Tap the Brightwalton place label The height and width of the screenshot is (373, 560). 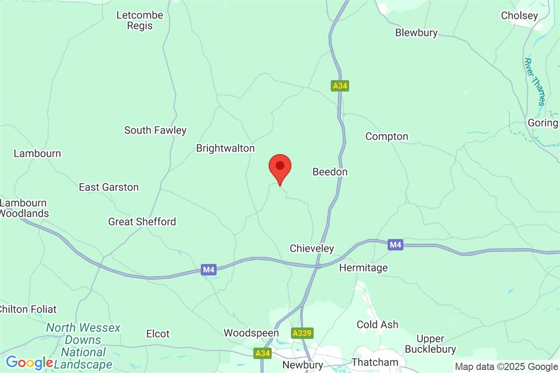[225, 149]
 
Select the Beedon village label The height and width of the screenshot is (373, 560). [330, 172]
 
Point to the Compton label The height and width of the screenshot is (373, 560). [387, 136]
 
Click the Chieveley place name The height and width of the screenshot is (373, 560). [312, 248]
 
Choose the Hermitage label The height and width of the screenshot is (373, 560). [364, 268]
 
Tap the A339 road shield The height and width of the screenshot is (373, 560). [302, 333]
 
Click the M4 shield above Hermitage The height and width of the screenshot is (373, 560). [395, 244]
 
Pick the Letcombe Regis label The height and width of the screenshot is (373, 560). [140, 21]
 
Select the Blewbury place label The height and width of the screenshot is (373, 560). [416, 33]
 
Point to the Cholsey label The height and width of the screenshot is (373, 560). [519, 15]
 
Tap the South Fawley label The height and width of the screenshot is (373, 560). [155, 130]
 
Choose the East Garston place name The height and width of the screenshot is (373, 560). [109, 187]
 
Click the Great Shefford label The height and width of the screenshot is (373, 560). [142, 222]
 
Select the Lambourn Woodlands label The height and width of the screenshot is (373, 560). [24, 208]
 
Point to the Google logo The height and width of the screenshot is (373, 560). [29, 362]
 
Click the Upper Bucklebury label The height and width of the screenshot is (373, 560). [430, 344]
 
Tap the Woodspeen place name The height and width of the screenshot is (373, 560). [251, 333]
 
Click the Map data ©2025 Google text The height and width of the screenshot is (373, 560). [506, 367]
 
